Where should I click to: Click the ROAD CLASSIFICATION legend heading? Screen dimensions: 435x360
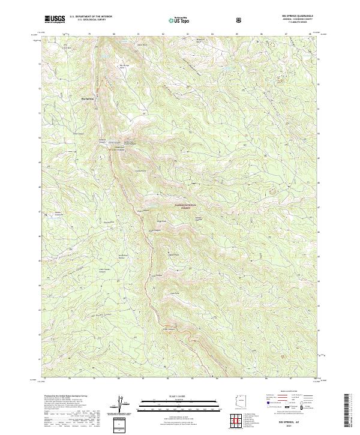291,391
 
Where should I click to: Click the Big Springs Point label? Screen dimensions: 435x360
124,67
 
